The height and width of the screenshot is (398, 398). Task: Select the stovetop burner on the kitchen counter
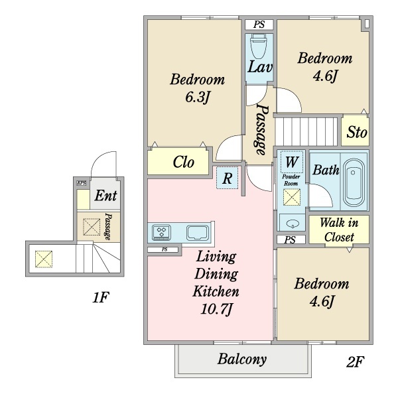(161, 232)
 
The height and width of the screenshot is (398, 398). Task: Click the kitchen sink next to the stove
(197, 233)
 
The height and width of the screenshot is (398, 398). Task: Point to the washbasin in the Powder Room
(292, 224)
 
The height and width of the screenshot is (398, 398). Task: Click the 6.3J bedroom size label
(197, 98)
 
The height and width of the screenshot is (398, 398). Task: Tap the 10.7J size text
(216, 309)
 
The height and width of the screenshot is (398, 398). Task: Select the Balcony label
(242, 359)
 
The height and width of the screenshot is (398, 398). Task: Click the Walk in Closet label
(339, 230)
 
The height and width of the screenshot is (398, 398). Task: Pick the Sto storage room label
(357, 132)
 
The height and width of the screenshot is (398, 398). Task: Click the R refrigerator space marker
(227, 178)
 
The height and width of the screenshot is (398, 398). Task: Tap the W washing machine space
(292, 162)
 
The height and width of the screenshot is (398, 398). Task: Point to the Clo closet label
(184, 163)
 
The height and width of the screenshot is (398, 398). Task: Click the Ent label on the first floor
(105, 196)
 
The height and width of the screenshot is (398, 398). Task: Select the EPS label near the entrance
(82, 183)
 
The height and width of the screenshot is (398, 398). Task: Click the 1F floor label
(101, 297)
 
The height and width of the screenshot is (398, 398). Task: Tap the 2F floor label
(355, 362)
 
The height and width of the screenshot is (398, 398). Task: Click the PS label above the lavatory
(259, 25)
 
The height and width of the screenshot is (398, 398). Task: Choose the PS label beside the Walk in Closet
(290, 240)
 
